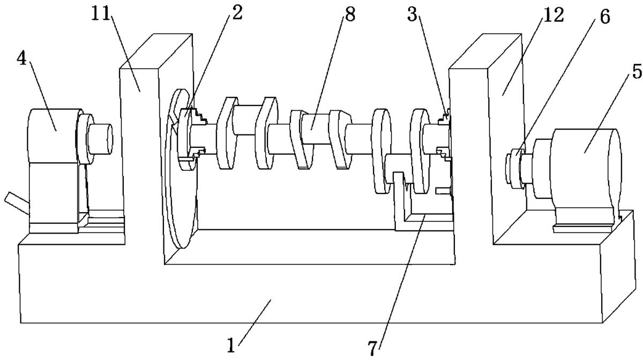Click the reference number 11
point(101,13)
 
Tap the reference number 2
point(237,13)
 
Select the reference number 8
point(350,14)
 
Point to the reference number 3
point(412,14)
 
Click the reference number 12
point(554,15)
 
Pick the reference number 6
point(605,17)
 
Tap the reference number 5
point(637,71)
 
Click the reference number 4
point(21,59)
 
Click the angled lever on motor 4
point(17,204)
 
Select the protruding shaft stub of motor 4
point(100,139)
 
